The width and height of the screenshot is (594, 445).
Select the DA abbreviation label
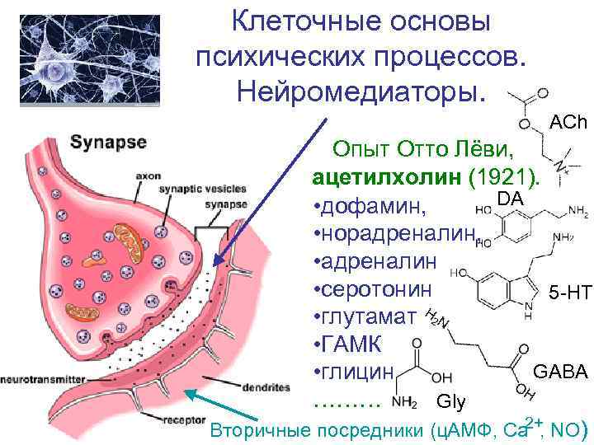(x=510, y=198)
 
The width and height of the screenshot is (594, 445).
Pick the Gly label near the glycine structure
(x=450, y=402)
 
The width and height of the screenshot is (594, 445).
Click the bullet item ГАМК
(x=347, y=344)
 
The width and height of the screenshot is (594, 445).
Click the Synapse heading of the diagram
(x=108, y=142)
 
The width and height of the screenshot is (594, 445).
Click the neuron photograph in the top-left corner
(x=80, y=61)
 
